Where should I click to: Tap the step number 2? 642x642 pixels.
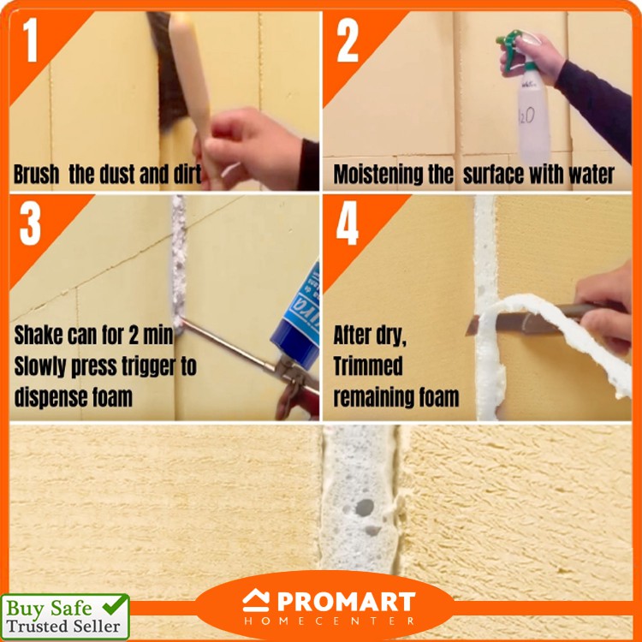point(348,40)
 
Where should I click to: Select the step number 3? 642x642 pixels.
point(30,223)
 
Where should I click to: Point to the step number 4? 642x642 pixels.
point(348,223)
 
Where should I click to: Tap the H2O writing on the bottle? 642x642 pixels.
point(526,116)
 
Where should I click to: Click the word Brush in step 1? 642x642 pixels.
point(37,175)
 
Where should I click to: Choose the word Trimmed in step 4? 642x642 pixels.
point(368,366)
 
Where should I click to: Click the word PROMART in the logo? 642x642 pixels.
point(347,602)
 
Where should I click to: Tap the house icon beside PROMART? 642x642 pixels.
point(256,601)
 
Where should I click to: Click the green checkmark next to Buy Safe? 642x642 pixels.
point(115,604)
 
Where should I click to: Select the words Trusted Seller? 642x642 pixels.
point(63,627)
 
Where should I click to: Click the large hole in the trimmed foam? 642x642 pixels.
point(364,508)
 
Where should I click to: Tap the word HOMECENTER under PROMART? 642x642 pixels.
point(330,621)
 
